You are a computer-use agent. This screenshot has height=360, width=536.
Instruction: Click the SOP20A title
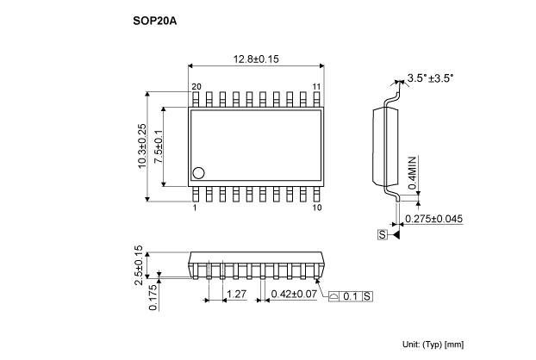155,22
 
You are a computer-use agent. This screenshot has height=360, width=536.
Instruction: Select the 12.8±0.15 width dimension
256,59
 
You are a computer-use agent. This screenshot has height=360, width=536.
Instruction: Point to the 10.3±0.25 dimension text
142,146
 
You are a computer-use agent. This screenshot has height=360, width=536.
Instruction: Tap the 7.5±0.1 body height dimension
159,146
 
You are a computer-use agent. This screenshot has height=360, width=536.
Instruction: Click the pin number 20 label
196,87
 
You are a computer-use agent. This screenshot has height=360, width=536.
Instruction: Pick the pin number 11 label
316,87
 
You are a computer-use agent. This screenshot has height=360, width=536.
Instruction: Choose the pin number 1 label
195,208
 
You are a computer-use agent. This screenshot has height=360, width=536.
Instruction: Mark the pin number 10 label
317,208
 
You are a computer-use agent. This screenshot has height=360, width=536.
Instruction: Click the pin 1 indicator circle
198,173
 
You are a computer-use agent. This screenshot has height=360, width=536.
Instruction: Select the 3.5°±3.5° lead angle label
430,78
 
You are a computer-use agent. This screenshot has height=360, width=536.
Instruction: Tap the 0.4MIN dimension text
413,173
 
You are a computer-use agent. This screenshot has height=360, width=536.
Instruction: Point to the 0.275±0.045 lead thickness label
433,219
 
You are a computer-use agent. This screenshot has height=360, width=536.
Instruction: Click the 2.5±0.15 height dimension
139,265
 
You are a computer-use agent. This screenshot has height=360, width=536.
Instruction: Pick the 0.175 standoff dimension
153,298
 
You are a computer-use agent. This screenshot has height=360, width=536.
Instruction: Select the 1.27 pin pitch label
237,294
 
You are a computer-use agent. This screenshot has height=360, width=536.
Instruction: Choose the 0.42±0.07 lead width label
294,294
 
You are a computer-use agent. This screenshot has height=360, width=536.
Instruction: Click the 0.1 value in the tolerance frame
350,296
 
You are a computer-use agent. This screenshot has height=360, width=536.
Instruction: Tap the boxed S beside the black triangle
382,234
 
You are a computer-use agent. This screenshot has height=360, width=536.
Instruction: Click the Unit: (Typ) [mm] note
433,344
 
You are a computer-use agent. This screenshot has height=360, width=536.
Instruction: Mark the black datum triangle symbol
396,234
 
